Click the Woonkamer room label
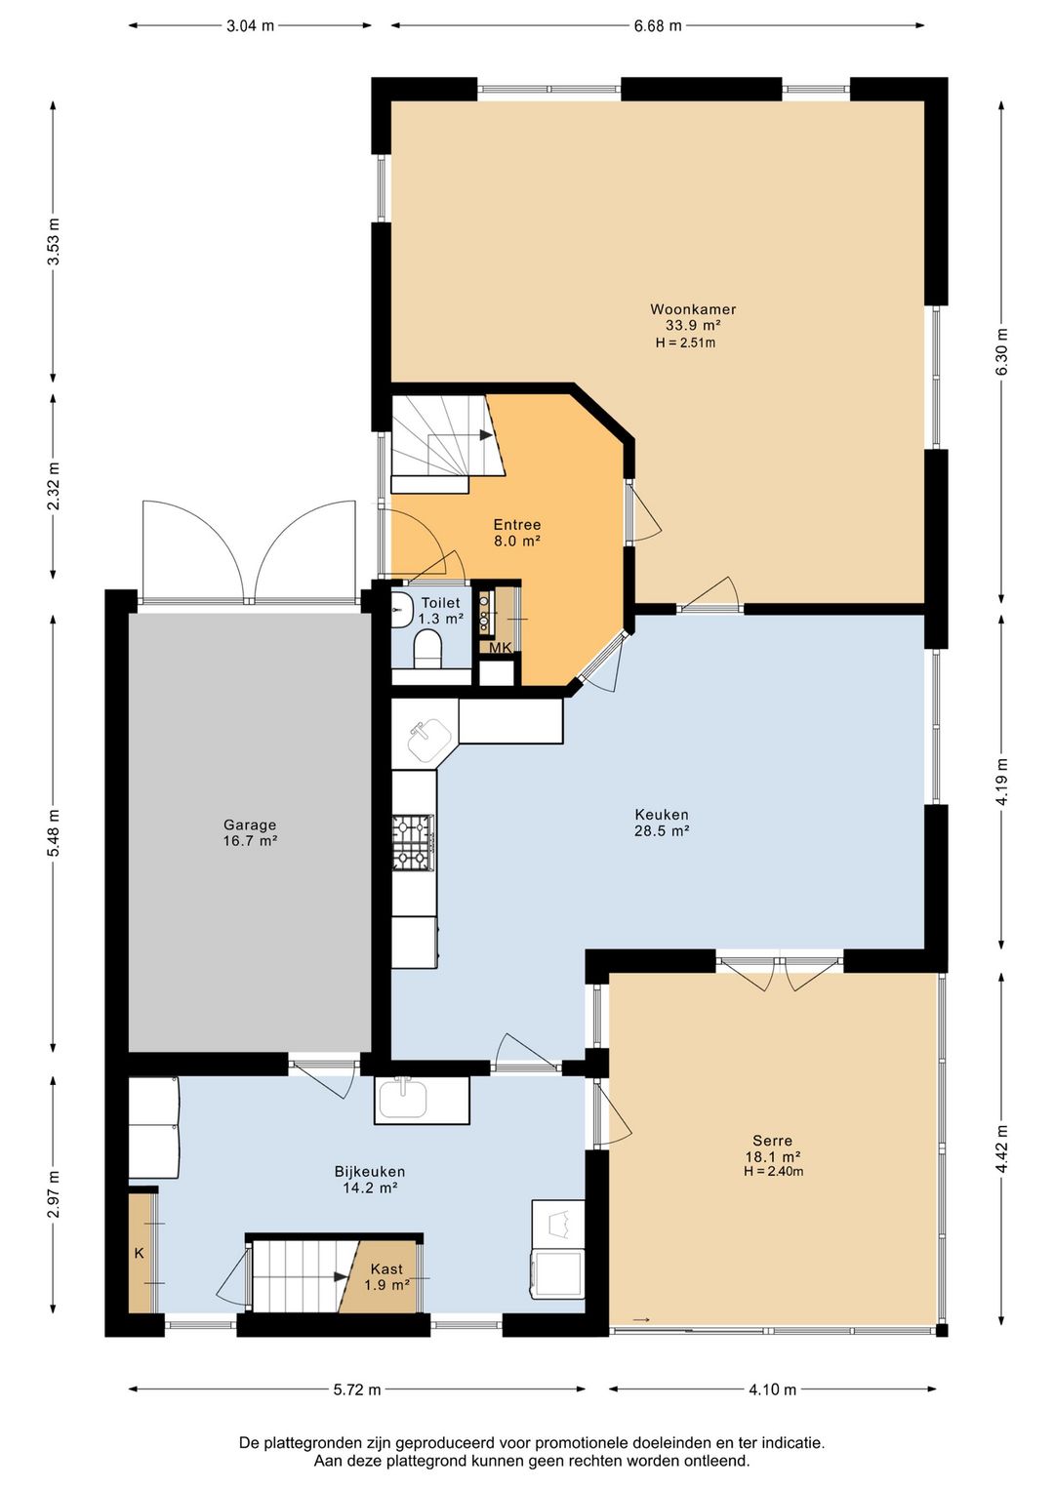pyautogui.click(x=693, y=309)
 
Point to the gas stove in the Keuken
pyautogui.click(x=414, y=843)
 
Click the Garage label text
pyautogui.click(x=250, y=825)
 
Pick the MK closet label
pyautogui.click(x=501, y=648)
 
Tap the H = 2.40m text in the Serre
pyautogui.click(x=773, y=1171)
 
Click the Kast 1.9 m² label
pyautogui.click(x=387, y=1277)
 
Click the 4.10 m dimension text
pyautogui.click(x=772, y=1389)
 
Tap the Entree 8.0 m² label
pyautogui.click(x=516, y=533)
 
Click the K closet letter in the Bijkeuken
pyautogui.click(x=139, y=1253)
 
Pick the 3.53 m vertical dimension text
pyautogui.click(x=55, y=241)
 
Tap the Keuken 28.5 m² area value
pyautogui.click(x=662, y=830)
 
